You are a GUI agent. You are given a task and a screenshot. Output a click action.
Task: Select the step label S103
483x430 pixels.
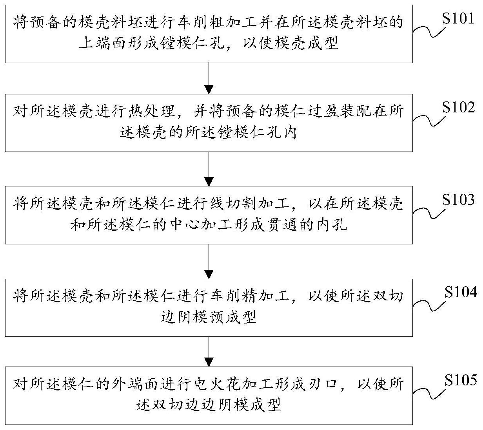click(x=458, y=201)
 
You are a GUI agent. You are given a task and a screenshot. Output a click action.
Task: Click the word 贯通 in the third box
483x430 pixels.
click(x=284, y=225)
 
